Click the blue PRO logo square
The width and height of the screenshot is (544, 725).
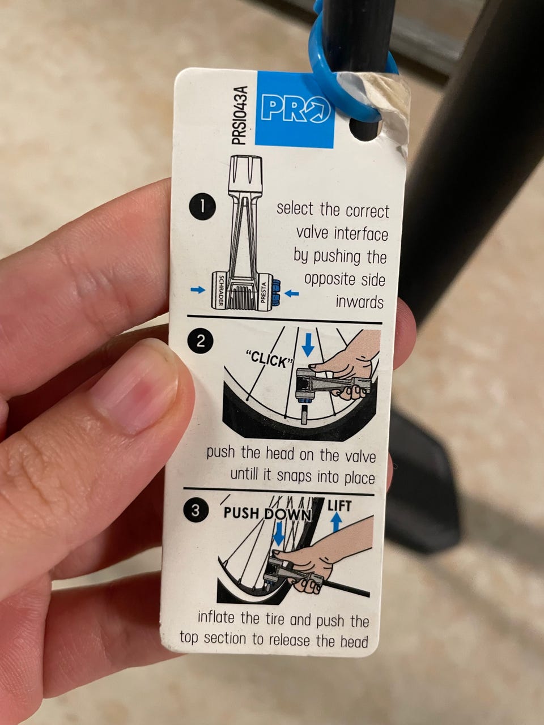295,109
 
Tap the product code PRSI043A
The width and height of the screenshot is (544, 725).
240,115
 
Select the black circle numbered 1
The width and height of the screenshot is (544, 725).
202,207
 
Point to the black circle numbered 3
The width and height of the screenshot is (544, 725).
195,511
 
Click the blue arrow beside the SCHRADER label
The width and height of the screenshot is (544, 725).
198,289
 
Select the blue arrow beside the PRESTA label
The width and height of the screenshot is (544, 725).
292,293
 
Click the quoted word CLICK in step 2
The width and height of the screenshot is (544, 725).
269,360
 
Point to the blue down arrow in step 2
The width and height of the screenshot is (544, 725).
308,345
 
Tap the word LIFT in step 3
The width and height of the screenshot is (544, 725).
339,506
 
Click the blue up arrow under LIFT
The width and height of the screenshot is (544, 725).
336,523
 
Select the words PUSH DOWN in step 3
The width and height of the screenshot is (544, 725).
267,514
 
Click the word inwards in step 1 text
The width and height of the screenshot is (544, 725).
360,302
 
